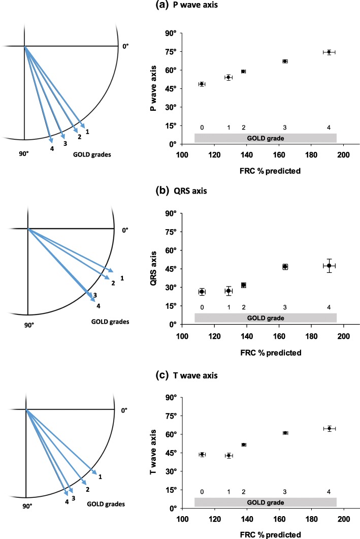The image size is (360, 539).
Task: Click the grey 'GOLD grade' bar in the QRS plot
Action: pyautogui.click(x=265, y=318)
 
